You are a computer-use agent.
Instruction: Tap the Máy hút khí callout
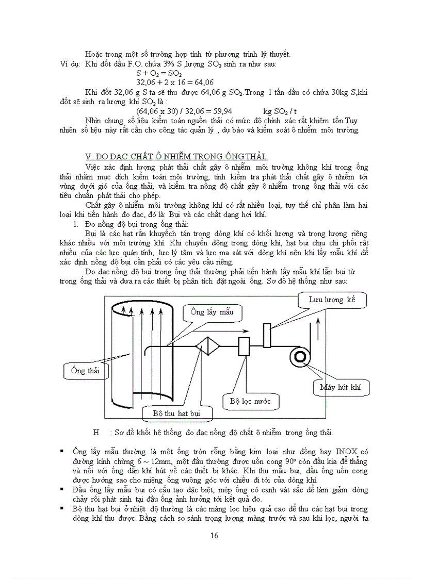341,387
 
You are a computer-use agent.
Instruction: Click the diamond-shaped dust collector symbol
208,346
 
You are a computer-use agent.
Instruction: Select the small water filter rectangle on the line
244,346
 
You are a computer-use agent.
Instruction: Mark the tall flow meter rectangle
267,335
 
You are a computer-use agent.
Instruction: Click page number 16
215,535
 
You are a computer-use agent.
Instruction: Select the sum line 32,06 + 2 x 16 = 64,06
175,82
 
